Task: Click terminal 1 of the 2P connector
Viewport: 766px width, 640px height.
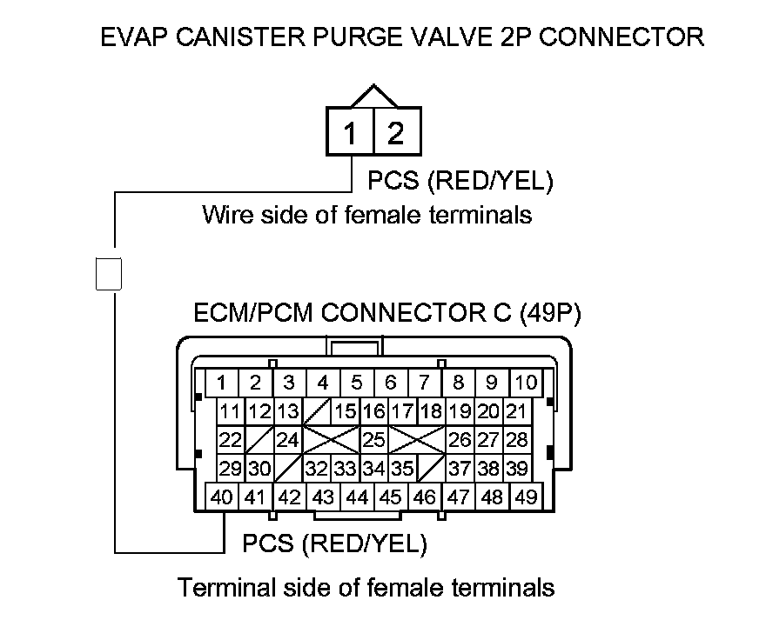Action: (x=350, y=134)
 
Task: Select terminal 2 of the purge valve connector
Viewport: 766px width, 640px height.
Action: (x=396, y=134)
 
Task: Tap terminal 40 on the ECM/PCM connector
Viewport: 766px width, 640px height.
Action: (x=222, y=497)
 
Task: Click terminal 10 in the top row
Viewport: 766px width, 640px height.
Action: (x=526, y=383)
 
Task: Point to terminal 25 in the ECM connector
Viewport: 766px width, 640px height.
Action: (x=373, y=439)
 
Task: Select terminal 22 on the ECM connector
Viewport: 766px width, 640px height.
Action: (x=230, y=439)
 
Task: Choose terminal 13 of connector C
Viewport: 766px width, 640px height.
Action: (x=288, y=411)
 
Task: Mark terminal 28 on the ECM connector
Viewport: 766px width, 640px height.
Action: (x=517, y=439)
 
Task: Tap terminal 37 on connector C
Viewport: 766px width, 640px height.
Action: (x=459, y=469)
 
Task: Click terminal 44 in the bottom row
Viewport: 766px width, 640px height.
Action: (x=357, y=497)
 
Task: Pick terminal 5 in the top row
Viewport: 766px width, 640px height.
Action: (x=357, y=383)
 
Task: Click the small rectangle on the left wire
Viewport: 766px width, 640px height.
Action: (x=107, y=272)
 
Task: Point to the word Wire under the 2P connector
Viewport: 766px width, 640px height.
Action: (x=226, y=214)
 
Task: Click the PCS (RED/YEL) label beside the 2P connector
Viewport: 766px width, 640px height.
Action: (x=460, y=181)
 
